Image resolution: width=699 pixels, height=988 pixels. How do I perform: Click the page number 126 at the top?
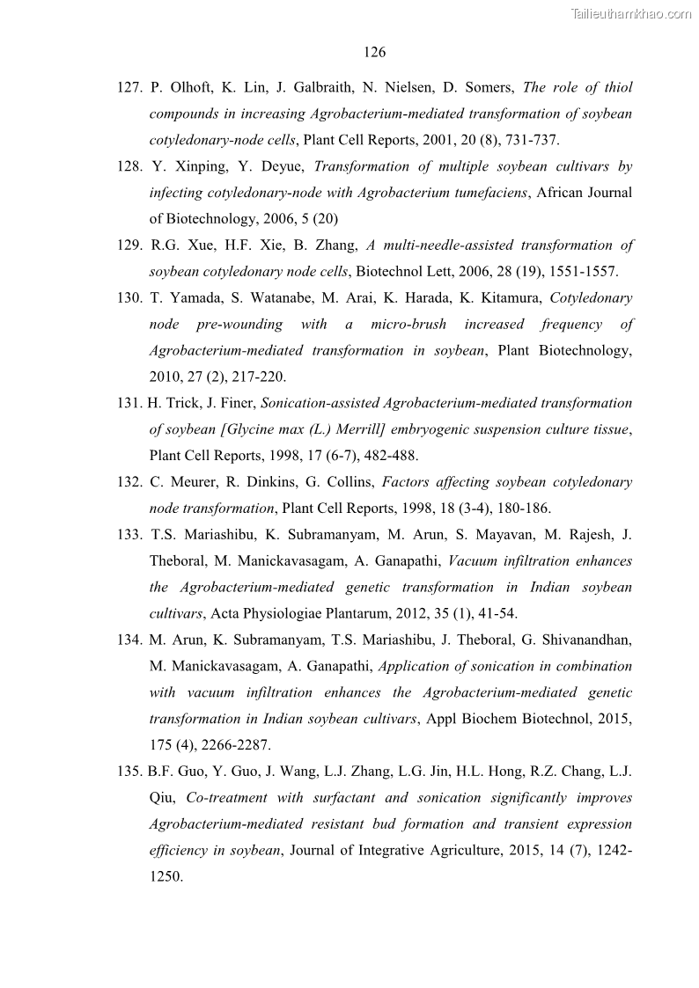coord(374,53)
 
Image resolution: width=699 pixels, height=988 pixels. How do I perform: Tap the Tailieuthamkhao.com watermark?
coord(631,13)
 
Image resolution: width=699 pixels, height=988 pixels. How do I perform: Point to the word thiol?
coord(615,87)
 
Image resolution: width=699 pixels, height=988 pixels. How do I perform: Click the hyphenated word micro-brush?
coord(407,325)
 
